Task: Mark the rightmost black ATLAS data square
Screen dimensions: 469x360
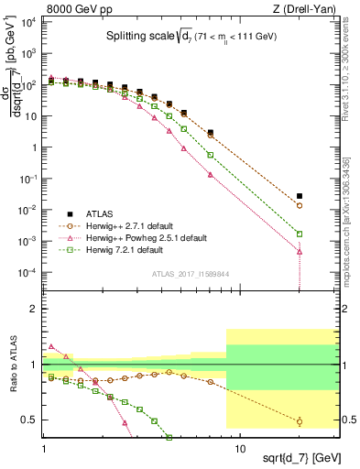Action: coord(300,196)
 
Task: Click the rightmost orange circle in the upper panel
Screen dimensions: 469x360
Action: coord(300,206)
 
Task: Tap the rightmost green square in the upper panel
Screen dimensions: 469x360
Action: coord(300,234)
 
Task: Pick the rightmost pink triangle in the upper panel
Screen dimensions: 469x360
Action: coord(300,251)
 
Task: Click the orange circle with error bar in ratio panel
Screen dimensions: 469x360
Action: coord(300,421)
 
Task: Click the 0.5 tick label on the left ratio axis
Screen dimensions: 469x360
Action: coord(30,420)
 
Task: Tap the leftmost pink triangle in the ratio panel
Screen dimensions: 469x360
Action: coord(51,346)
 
